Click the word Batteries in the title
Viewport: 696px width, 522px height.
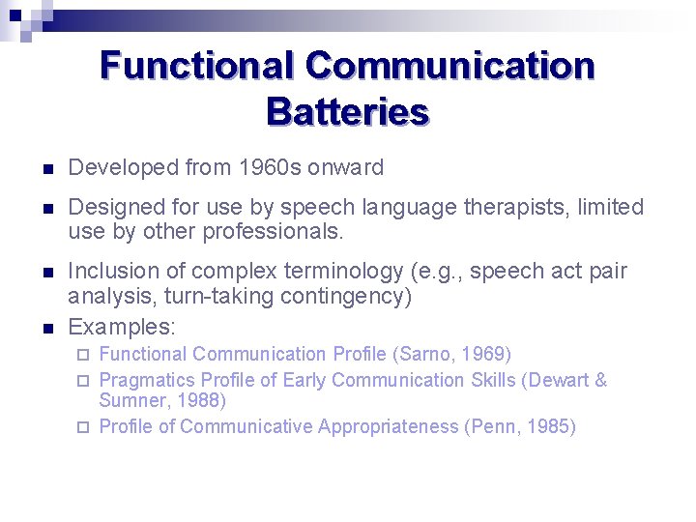(x=347, y=112)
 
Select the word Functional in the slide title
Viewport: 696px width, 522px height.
(x=196, y=66)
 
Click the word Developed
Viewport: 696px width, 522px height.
(x=119, y=167)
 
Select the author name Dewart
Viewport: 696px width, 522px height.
(x=560, y=380)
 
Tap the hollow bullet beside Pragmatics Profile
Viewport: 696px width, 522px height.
(x=84, y=380)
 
